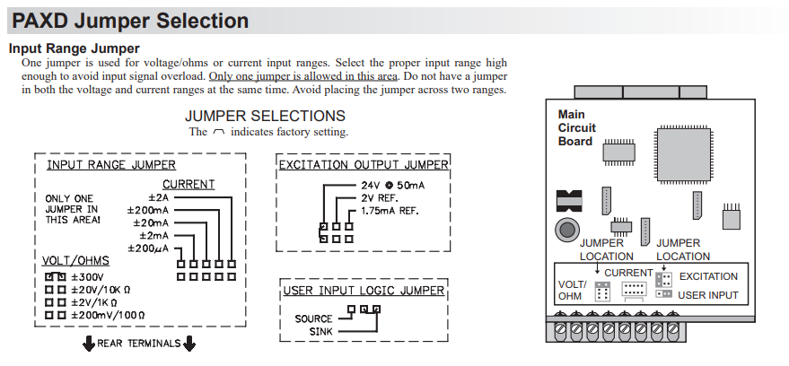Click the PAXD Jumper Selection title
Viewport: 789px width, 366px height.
click(x=129, y=20)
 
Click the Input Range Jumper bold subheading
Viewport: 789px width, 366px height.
click(x=74, y=48)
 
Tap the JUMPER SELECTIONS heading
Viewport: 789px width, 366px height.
click(x=265, y=116)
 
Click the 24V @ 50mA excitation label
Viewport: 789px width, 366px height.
click(x=387, y=185)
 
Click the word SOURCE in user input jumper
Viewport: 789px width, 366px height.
click(x=313, y=318)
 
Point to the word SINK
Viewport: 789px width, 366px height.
click(x=320, y=331)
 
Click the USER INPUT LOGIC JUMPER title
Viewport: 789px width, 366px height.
click(x=364, y=291)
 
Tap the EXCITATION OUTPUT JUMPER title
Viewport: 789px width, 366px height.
click(x=364, y=165)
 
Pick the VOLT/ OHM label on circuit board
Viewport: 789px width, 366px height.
click(x=571, y=290)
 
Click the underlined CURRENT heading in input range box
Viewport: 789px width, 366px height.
click(x=188, y=184)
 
